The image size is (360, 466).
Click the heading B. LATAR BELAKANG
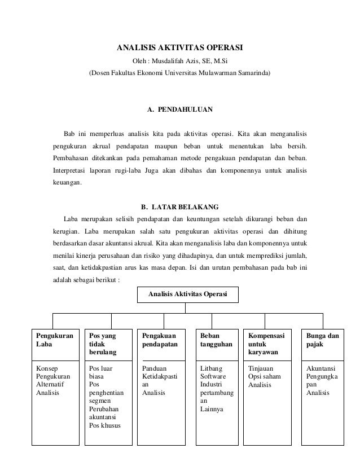(179, 205)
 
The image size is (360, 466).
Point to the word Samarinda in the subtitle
(253, 73)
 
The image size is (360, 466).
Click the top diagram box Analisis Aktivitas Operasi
(187, 294)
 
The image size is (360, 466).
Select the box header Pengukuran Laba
(54, 339)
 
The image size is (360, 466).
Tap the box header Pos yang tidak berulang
(103, 344)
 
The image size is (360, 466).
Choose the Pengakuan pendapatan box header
(160, 339)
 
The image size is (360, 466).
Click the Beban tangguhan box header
(216, 339)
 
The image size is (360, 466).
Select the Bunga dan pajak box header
(322, 339)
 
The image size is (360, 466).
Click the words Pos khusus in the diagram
(105, 425)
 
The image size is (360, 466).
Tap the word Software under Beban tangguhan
(213, 377)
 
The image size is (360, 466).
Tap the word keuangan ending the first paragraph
(66, 183)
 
